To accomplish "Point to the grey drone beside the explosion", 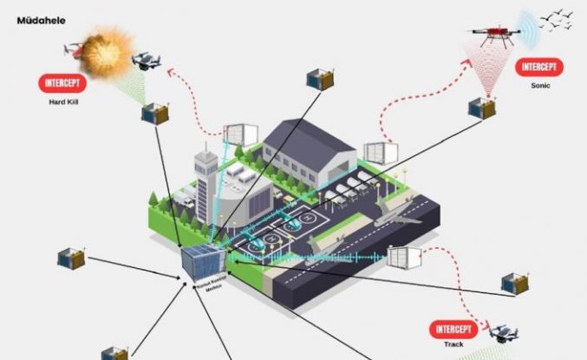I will pyautogui.click(x=146, y=60).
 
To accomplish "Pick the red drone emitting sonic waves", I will pyautogui.click(x=495, y=35).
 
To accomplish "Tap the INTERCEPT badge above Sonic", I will pyautogui.click(x=539, y=66).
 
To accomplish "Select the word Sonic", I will pyautogui.click(x=539, y=86).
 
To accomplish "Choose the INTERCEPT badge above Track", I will pyautogui.click(x=453, y=331).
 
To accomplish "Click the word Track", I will pyautogui.click(x=454, y=346).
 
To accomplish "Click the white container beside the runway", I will pyautogui.click(x=403, y=259).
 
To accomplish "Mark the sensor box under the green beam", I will pyautogui.click(x=154, y=114).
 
